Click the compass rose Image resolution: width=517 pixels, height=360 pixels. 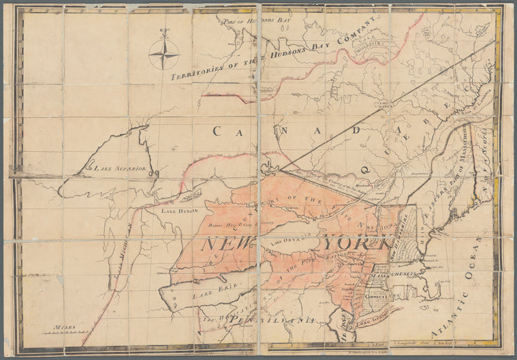(163, 53)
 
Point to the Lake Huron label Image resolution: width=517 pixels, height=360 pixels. (179, 211)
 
